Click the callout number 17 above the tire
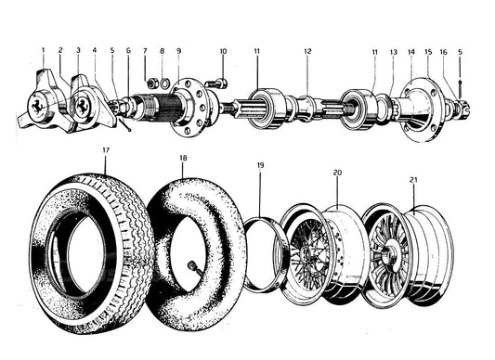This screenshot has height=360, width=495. point(106,150)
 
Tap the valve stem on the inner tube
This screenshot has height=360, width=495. point(193,266)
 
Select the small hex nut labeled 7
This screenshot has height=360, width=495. point(153,84)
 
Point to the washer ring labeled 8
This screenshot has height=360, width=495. point(164,84)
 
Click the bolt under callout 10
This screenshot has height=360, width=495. point(216,84)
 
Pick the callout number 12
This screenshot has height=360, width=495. point(307,51)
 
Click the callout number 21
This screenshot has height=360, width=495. point(413,180)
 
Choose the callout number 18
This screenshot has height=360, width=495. point(183,158)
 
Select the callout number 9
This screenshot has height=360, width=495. point(178,50)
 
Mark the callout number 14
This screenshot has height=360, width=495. point(411,51)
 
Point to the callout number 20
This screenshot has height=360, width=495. point(337,173)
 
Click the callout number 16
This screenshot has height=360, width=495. point(444,52)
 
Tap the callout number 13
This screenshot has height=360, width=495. point(394,52)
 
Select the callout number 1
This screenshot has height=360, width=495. point(44,50)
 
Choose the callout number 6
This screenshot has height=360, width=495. point(128,50)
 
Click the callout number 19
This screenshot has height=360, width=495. point(260,165)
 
